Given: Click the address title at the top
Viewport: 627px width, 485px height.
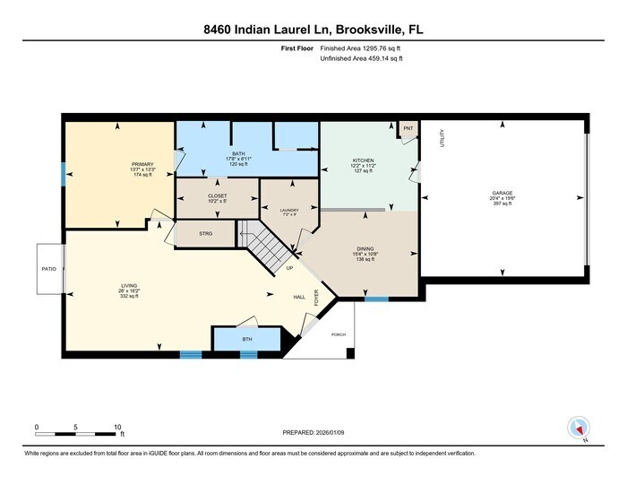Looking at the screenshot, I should click(x=313, y=30).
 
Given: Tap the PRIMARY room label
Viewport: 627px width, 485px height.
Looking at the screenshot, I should click(x=143, y=164).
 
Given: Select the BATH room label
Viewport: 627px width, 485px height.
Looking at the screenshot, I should click(x=238, y=153).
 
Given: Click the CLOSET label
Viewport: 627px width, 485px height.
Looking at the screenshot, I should click(x=218, y=195).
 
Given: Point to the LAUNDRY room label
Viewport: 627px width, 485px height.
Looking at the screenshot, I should click(x=288, y=210).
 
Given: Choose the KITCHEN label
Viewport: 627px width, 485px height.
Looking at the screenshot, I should click(x=363, y=160).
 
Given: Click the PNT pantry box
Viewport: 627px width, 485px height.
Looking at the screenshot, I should click(x=408, y=129).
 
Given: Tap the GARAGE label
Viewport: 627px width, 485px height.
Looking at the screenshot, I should click(x=502, y=193).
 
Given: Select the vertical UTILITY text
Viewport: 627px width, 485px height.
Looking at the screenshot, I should click(x=442, y=139).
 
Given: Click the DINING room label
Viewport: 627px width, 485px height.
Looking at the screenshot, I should click(x=363, y=249).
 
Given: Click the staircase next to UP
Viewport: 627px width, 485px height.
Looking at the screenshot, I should click(x=266, y=247).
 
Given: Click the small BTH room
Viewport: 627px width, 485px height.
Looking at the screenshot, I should click(x=247, y=340).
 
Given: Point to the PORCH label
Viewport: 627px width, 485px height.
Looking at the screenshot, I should click(x=339, y=334).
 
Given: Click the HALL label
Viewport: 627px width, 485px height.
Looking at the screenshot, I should click(x=299, y=298).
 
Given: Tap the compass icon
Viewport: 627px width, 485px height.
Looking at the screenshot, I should click(x=578, y=429).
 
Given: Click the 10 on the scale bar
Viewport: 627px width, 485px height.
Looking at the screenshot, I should click(x=117, y=427).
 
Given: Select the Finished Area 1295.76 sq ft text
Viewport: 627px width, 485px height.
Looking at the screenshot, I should click(x=361, y=48).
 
